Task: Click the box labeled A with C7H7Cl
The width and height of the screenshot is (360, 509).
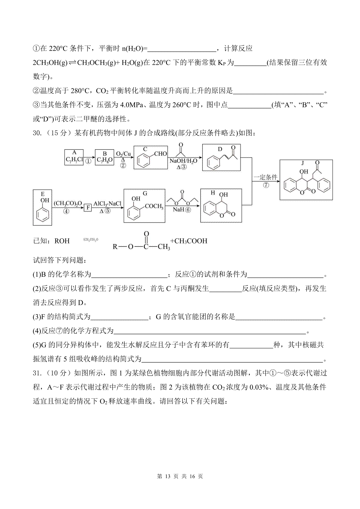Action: (74, 157)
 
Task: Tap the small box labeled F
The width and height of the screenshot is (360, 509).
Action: (88, 207)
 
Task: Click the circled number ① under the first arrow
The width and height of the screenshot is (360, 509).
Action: (88, 161)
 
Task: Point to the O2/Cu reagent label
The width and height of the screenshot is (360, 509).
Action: (123, 154)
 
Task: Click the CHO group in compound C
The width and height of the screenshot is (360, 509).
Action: (160, 154)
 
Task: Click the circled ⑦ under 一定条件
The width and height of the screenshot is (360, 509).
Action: (265, 185)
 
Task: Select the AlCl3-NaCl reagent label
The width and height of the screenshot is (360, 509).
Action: (107, 204)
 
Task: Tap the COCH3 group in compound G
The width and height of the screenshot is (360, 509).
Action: (154, 207)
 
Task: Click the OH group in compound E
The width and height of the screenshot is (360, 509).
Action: (45, 200)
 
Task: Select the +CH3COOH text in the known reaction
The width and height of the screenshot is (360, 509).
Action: (189, 241)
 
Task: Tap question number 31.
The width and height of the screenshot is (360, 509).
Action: (37, 373)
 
